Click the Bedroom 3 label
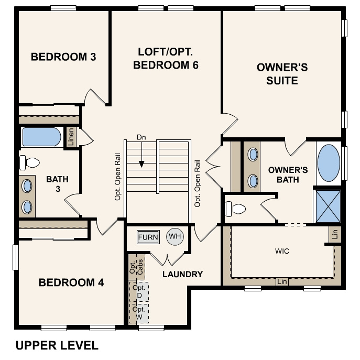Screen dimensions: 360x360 (x=63, y=57)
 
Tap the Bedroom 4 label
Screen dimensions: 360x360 (x=71, y=283)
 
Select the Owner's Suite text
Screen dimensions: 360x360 (x=282, y=74)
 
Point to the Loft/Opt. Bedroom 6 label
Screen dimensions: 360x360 (x=166, y=58)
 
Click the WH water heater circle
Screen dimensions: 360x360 (x=175, y=237)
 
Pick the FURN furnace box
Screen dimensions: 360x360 (x=148, y=237)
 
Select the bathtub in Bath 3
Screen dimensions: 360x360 (x=41, y=137)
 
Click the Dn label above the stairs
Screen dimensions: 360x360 (x=140, y=137)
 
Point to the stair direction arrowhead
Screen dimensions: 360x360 (x=141, y=164)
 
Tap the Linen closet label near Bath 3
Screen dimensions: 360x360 (x=71, y=137)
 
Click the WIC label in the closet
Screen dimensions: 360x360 (x=282, y=251)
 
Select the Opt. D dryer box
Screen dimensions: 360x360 (x=139, y=292)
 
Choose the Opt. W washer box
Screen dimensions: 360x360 (x=139, y=313)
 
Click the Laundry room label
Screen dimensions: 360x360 (x=182, y=274)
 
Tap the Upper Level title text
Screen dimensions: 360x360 (x=57, y=345)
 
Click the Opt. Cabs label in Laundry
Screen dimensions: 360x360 (x=136, y=266)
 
